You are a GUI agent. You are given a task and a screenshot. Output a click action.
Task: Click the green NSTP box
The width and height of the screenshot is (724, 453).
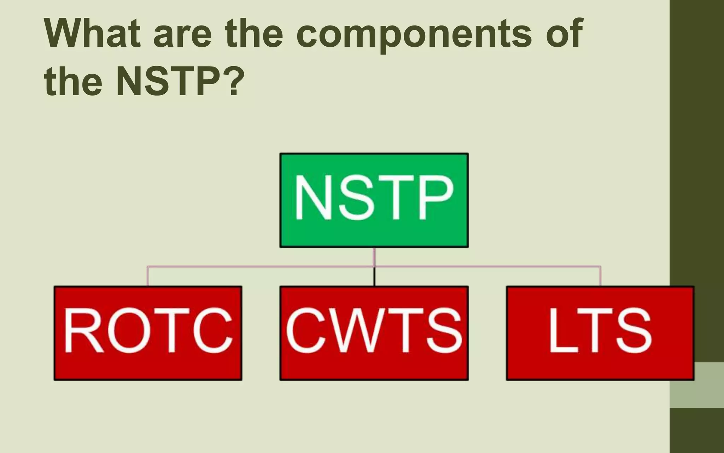click(x=374, y=200)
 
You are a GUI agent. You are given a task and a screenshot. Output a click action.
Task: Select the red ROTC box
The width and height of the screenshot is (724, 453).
click(x=148, y=333)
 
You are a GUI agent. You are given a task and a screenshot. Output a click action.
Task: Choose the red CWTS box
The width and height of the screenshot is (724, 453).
click(x=374, y=333)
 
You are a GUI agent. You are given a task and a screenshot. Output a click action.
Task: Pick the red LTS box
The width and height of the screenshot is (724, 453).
click(x=600, y=333)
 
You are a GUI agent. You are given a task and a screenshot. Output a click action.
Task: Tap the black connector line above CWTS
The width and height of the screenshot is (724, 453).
click(x=374, y=276)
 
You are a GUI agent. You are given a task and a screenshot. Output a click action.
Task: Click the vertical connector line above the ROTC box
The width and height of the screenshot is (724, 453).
click(x=148, y=276)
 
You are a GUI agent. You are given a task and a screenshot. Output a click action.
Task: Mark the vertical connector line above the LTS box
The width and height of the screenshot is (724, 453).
click(x=600, y=276)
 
